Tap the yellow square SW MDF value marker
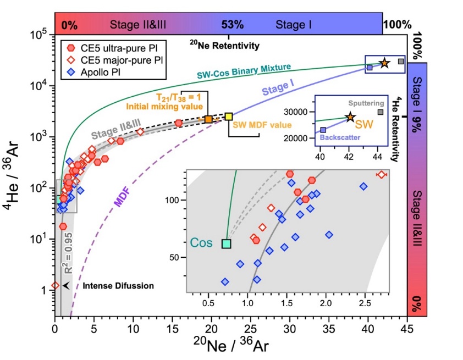pyautogui.click(x=229, y=117)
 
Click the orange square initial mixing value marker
pyautogui.click(x=208, y=119)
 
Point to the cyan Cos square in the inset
pyautogui.click(x=227, y=244)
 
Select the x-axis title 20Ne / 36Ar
pyautogui.click(x=230, y=347)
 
